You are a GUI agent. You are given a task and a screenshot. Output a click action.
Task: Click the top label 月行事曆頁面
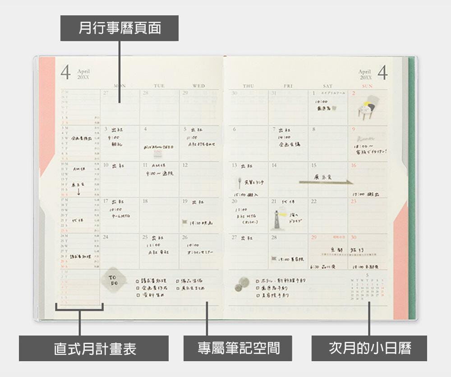pyautogui.click(x=120, y=28)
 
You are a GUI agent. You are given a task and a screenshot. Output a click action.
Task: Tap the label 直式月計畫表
pyautogui.click(x=94, y=348)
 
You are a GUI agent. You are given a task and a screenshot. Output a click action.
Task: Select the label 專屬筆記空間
pyautogui.click(x=238, y=348)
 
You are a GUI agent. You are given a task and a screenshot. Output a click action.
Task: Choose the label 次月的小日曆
pyautogui.click(x=369, y=348)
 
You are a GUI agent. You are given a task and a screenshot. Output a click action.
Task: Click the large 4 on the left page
pyautogui.click(x=66, y=72)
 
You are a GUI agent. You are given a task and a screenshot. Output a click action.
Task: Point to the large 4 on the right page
pyautogui.click(x=382, y=72)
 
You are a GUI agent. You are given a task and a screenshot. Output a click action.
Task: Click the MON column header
pyautogui.click(x=120, y=86)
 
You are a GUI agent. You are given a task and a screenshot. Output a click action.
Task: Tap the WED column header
pyautogui.click(x=198, y=86)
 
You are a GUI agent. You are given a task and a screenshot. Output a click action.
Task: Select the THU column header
pyautogui.click(x=248, y=86)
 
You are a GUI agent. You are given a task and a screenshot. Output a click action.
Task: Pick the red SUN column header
pyautogui.click(x=368, y=86)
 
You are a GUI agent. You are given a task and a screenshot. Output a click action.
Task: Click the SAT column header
pyautogui.click(x=328, y=86)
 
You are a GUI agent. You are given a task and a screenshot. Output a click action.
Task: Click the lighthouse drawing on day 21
pyautogui.click(x=275, y=219)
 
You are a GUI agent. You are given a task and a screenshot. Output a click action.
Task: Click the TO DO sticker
pyautogui.click(x=112, y=280)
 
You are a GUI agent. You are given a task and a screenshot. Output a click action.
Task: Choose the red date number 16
pyautogui.click(x=353, y=166)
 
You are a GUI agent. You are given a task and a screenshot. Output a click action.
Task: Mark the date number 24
pyautogui.click(x=106, y=237)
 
